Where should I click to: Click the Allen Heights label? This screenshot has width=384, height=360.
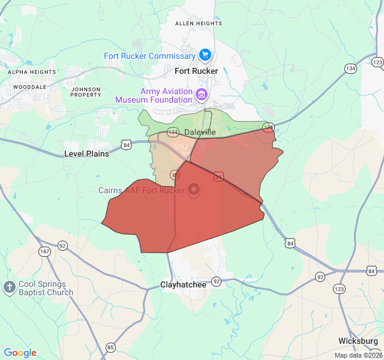coord(198,23)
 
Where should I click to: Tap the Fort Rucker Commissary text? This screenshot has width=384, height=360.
coord(150,56)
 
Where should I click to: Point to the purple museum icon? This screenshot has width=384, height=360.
coord(202,94)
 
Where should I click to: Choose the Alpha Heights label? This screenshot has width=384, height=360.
coord(32,72)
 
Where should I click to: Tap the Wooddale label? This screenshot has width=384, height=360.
coord(29,87)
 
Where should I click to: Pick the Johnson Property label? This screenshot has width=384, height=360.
coord(86,92)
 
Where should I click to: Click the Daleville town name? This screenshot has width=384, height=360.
coord(200,132)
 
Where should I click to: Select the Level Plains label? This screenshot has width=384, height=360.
coord(87,154)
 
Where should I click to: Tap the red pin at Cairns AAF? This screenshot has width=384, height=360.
coord(194,191)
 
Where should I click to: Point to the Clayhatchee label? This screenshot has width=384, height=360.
coord(183,284)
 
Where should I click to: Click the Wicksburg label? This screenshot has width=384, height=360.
coord(358,341)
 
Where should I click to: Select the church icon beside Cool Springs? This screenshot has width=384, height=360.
coord(9,287)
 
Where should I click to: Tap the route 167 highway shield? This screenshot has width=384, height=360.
coord(44,251)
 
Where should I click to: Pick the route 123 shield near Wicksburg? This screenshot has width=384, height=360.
coord(340,289)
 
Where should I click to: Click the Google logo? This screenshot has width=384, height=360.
coord(20,353)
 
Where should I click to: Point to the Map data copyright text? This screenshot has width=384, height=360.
coord(358,355)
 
